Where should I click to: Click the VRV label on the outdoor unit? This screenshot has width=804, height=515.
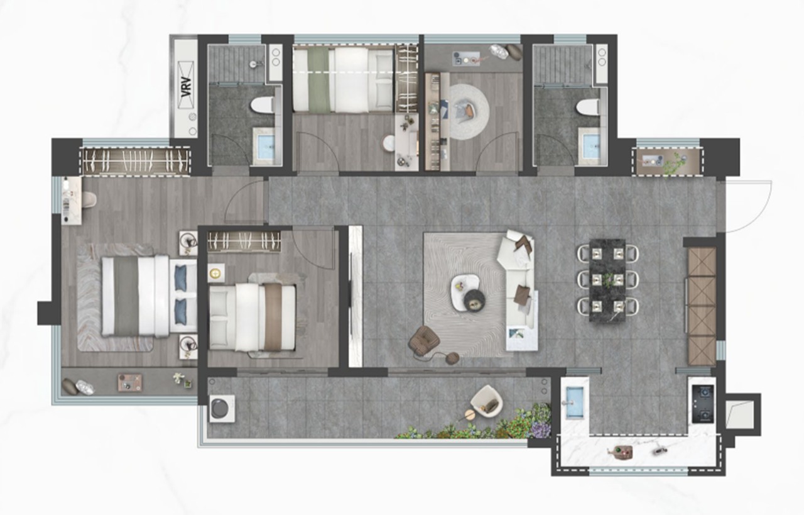pyautogui.click(x=187, y=87)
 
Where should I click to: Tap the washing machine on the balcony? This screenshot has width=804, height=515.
pyautogui.click(x=222, y=409)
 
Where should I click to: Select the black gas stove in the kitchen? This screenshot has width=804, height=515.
pyautogui.click(x=702, y=404)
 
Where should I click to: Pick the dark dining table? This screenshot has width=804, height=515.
pyautogui.click(x=607, y=281)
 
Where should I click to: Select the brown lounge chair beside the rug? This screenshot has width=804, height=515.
pyautogui.click(x=424, y=339)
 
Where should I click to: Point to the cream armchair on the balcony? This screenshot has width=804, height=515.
pyautogui.click(x=487, y=401)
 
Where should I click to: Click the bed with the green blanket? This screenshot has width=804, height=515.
pyautogui.click(x=343, y=79)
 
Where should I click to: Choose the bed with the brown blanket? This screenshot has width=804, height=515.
pyautogui.click(x=253, y=318)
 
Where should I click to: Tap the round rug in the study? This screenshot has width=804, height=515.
pyautogui.click(x=469, y=111)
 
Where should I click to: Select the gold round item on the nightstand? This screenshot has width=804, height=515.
pyautogui.click(x=215, y=274)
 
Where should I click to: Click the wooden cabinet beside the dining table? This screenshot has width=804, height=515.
pyautogui.click(x=702, y=306)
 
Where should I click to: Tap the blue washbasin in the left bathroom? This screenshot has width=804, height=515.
pyautogui.click(x=266, y=147)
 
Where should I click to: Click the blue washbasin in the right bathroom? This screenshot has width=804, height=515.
pyautogui.click(x=591, y=147)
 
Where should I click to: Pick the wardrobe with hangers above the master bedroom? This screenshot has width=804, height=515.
pyautogui.click(x=136, y=162)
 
